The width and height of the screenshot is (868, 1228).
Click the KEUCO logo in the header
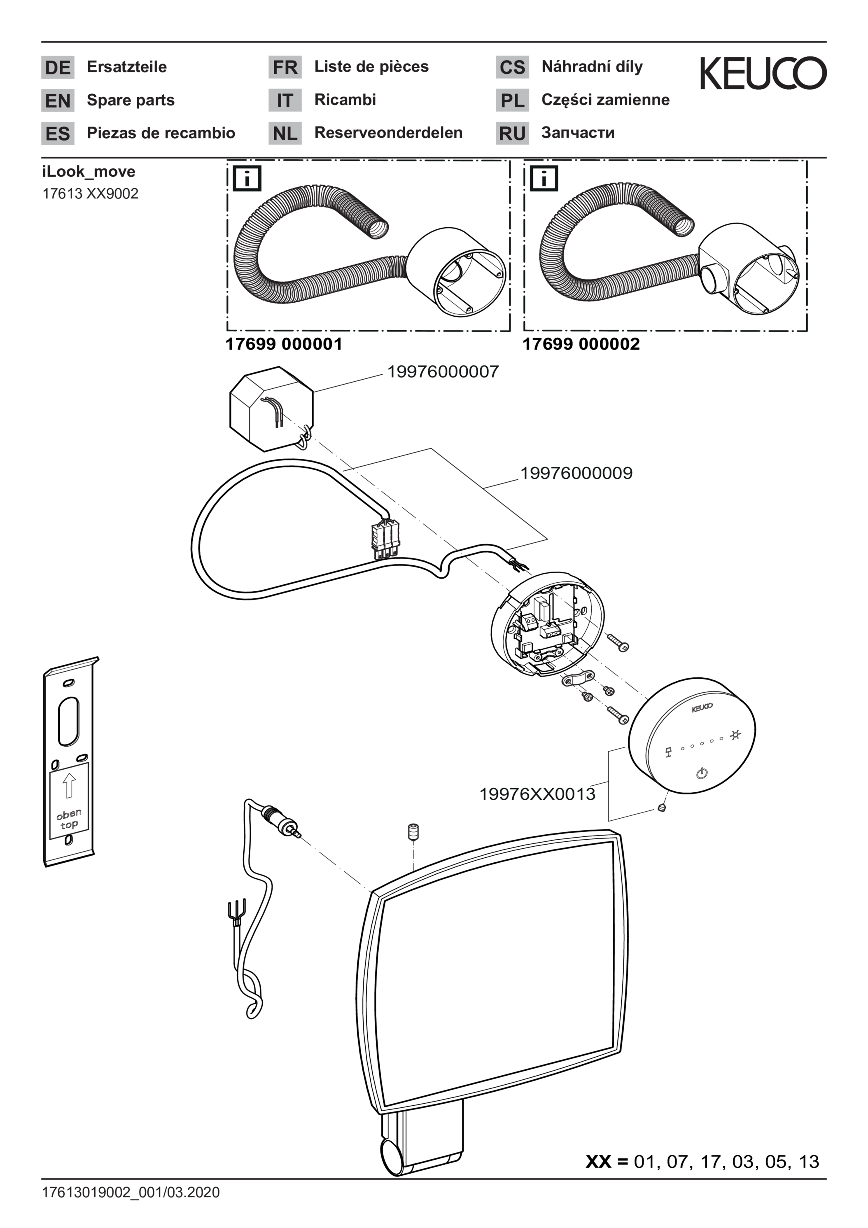tap(763, 73)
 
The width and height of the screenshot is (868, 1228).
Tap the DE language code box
tap(58, 68)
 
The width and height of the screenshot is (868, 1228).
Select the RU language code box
tap(512, 133)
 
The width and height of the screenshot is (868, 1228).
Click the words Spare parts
tap(131, 100)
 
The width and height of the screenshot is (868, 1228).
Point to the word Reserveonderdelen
tap(388, 133)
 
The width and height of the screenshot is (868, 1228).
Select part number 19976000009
tap(576, 473)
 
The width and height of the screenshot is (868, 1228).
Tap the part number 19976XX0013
tap(537, 794)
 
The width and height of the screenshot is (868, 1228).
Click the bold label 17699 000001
tap(284, 343)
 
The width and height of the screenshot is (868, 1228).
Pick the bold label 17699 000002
tap(581, 343)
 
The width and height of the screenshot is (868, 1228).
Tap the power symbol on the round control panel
tap(702, 773)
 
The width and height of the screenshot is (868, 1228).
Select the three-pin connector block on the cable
tap(385, 540)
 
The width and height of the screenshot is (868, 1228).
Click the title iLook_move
tap(89, 172)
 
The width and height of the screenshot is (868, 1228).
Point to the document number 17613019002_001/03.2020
tap(131, 1192)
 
